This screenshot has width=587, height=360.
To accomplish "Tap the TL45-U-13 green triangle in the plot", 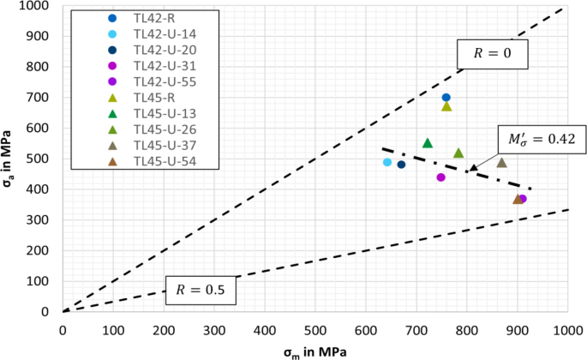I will click(x=428, y=143).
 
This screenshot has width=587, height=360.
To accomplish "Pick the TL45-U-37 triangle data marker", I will click(x=501, y=163).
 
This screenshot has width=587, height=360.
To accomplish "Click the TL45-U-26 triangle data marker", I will click(x=458, y=153).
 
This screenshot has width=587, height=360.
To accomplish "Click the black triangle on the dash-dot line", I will click(x=473, y=168).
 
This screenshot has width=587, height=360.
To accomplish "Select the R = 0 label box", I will click(x=495, y=53).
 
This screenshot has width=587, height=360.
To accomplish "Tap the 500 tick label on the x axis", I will click(x=315, y=330).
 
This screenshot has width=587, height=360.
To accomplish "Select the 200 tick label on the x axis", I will click(x=164, y=330).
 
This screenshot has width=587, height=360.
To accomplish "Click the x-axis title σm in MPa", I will click(x=314, y=351).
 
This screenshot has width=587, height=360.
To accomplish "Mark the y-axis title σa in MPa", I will click(x=10, y=160).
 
